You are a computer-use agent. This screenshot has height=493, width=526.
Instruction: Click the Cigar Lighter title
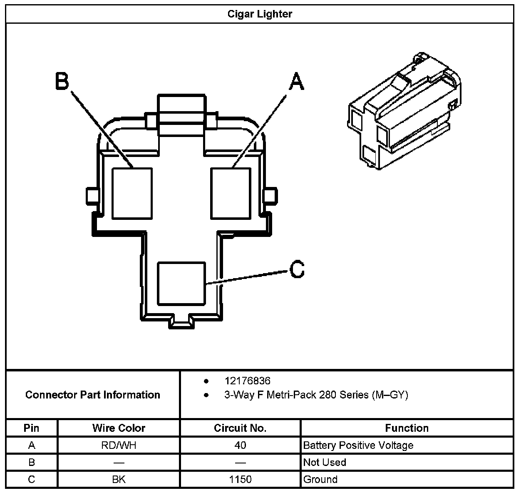coord(260,14)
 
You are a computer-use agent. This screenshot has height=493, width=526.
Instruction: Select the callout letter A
coord(296,81)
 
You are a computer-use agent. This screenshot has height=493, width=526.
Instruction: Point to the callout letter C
coord(297,269)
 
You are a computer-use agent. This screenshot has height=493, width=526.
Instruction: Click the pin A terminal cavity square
coord(231,193)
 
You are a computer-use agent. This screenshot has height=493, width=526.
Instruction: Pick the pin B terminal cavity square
coord(132,193)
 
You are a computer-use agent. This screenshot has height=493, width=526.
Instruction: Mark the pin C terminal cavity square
coord(181,284)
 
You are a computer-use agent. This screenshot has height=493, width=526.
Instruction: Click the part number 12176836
coord(247,381)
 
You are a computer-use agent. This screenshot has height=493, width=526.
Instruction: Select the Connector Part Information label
coord(92,395)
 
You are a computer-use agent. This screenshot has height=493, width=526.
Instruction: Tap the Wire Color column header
coord(119,428)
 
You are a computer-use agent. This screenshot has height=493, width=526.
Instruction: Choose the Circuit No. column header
coord(240,428)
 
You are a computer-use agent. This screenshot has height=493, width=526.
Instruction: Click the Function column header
coord(407,428)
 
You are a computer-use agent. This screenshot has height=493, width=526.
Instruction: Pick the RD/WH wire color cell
coord(119,445)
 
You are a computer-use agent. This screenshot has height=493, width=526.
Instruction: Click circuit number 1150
coord(240,479)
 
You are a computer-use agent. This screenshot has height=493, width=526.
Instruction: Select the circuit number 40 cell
coord(240,445)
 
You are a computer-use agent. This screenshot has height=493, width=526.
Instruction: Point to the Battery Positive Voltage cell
coord(358,445)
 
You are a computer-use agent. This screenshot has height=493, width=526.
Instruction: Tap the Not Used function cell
coord(325,462)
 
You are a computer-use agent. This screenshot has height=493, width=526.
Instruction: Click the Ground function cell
coord(320,479)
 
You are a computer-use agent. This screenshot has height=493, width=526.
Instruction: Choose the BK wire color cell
coord(119,479)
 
